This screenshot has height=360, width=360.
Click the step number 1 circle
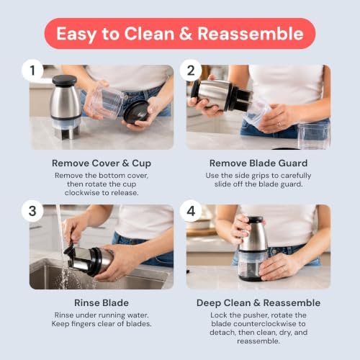[x=32, y=70]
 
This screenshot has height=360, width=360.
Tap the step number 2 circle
[x=191, y=70]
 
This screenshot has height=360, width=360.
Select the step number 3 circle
[x=32, y=211]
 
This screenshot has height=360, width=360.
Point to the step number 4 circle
[x=191, y=211]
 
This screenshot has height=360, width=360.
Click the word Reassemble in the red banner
[x=251, y=34]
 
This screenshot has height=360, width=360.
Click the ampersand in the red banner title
[x=186, y=34]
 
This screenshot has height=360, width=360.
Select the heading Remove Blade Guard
[x=258, y=163]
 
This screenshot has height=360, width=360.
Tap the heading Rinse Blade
[x=102, y=303]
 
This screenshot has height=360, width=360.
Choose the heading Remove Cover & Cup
[x=102, y=163]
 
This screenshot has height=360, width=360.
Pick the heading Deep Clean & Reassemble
[x=258, y=303]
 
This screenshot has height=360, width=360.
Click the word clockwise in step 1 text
[x=81, y=193]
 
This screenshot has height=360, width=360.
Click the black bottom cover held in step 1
[x=137, y=112]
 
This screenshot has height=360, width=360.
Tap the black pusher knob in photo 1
[x=64, y=81]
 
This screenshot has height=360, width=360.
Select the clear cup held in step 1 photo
[x=106, y=100]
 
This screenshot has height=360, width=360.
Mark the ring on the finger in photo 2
[x=279, y=125]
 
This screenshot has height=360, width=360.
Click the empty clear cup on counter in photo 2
[x=314, y=135]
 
